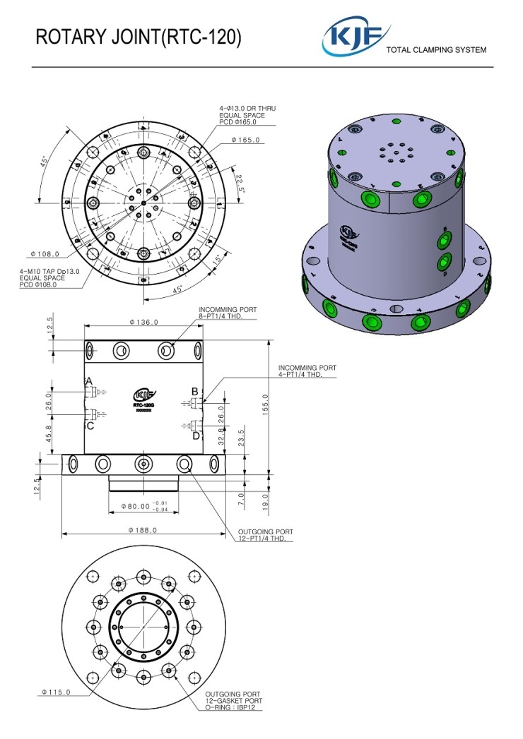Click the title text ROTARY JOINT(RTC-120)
point(139,38)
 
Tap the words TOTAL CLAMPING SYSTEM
point(435,50)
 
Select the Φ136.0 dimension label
point(143,322)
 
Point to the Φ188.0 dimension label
point(142,530)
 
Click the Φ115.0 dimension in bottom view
point(56,692)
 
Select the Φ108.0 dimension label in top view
point(45,254)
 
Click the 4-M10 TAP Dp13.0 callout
point(49,271)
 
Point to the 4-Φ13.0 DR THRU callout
point(247,109)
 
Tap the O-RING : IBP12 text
point(234,707)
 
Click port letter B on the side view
point(195,391)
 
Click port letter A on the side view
point(89,381)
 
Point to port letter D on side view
point(196,435)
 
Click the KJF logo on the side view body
point(144,395)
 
